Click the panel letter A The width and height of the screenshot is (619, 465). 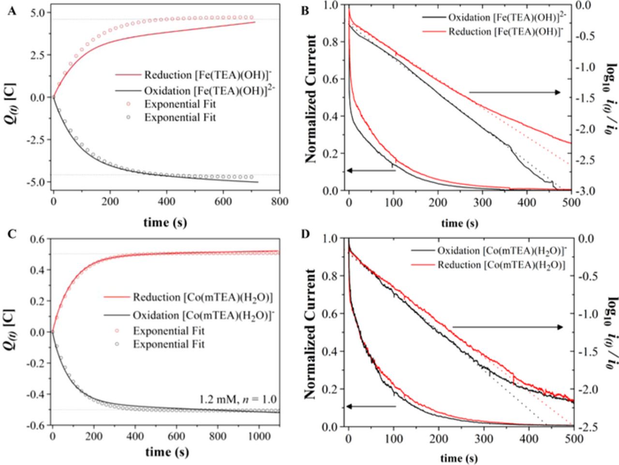click(x=13, y=12)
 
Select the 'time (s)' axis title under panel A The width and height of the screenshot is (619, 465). click(x=165, y=222)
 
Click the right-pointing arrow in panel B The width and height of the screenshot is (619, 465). click(x=515, y=92)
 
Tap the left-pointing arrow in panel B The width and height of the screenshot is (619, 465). click(x=371, y=170)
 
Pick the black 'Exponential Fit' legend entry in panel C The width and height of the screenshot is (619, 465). click(x=169, y=344)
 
